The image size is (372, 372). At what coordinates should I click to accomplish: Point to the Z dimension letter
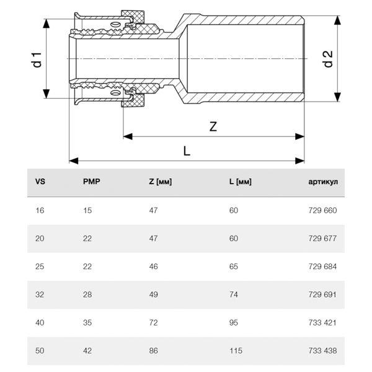(x=213, y=126)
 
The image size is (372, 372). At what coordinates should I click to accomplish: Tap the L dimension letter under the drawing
(x=187, y=151)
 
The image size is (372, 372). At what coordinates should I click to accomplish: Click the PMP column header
(x=91, y=182)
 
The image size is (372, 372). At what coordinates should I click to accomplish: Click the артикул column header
(x=322, y=182)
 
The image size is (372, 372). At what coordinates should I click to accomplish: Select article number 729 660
(x=322, y=211)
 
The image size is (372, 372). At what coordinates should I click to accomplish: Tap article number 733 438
(x=322, y=350)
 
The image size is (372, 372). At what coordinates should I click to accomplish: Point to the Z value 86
(x=153, y=350)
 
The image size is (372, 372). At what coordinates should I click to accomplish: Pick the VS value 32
(x=40, y=294)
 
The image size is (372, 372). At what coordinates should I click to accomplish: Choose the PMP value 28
(x=87, y=294)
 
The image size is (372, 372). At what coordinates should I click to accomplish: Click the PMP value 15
(x=87, y=211)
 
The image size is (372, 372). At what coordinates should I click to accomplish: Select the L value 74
(x=233, y=294)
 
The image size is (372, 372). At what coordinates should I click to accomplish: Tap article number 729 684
(x=322, y=267)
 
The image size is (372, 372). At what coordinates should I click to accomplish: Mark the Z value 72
(x=153, y=322)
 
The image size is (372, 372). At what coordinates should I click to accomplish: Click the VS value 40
(x=40, y=322)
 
